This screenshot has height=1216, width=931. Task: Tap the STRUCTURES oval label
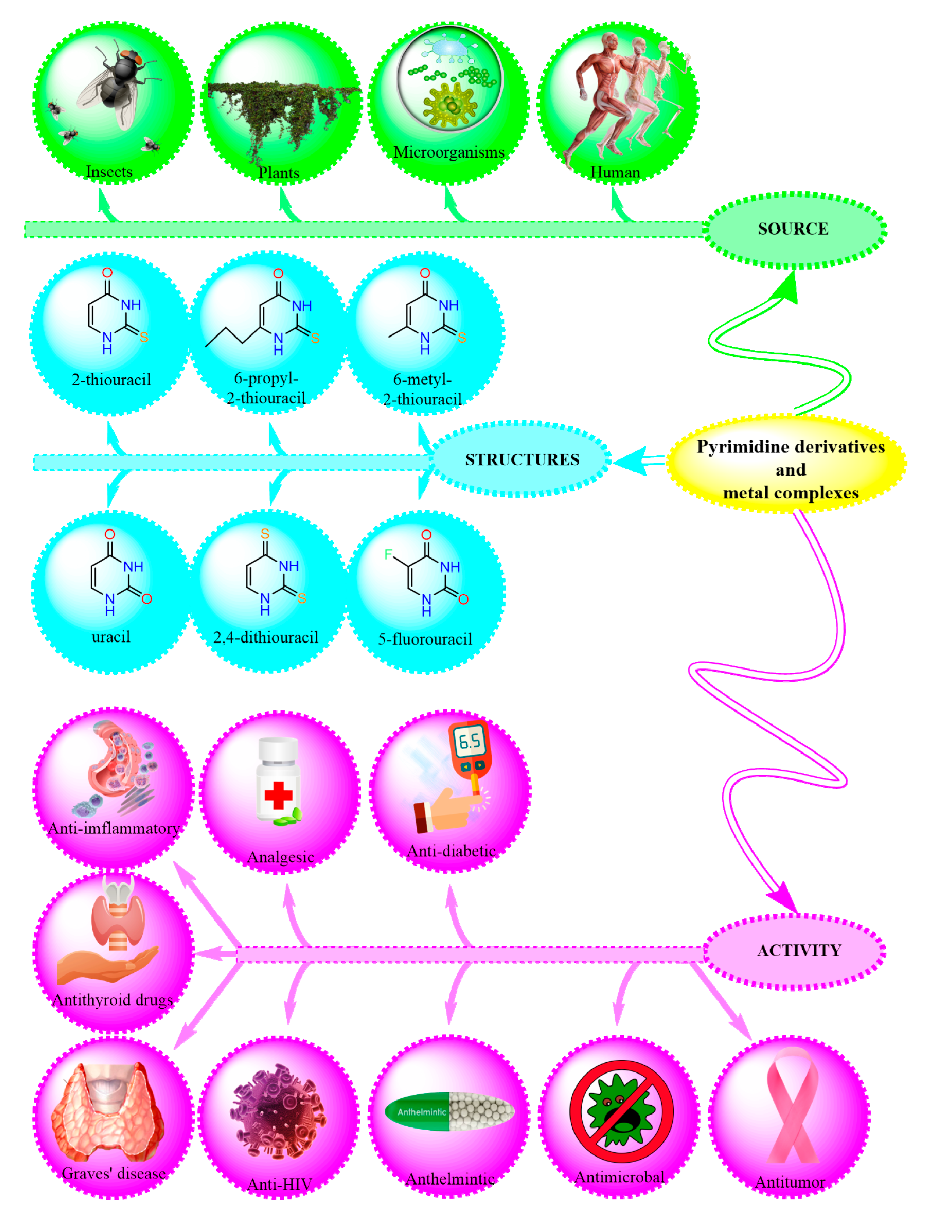click(522, 459)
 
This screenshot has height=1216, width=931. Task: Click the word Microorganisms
click(449, 152)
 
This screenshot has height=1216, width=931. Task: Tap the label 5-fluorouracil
click(425, 639)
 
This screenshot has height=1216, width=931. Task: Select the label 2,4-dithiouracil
click(266, 637)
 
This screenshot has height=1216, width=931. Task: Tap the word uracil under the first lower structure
click(111, 637)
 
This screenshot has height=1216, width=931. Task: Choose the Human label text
click(615, 173)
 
